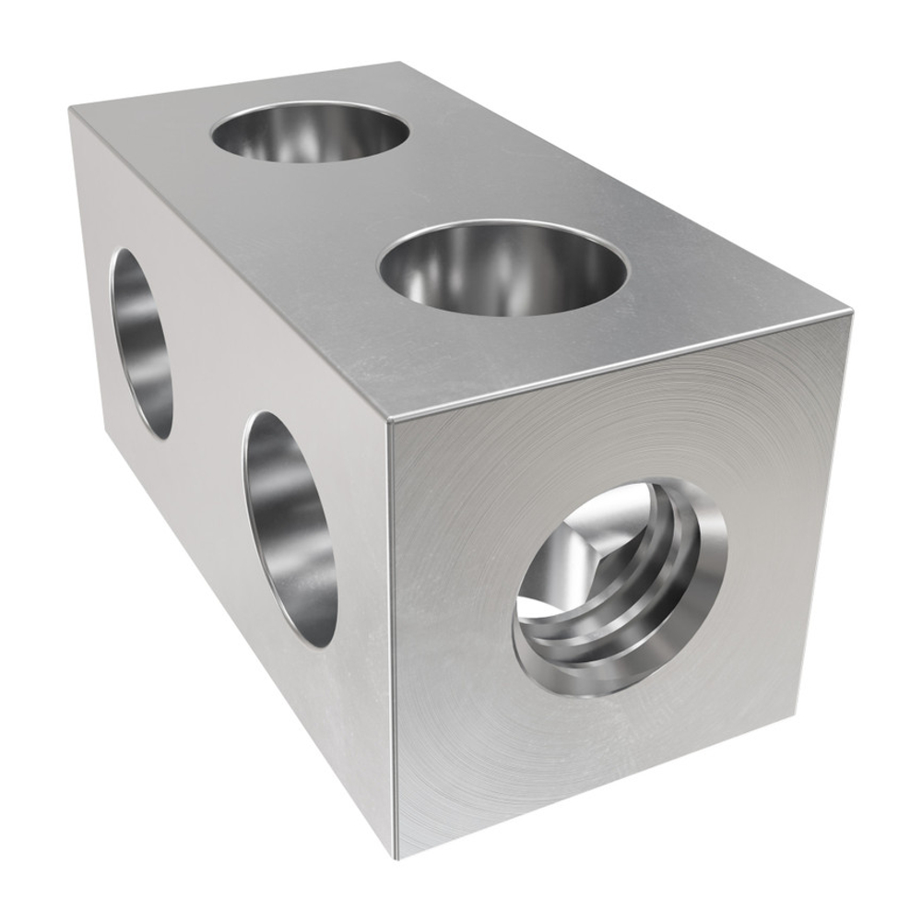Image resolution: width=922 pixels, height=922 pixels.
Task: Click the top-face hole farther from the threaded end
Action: pos(310,132)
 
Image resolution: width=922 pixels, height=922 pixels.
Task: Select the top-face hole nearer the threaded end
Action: pos(504,267)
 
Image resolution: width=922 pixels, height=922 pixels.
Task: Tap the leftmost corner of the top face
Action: pos(70,109)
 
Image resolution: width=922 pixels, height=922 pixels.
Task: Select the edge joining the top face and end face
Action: pos(618,366)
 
